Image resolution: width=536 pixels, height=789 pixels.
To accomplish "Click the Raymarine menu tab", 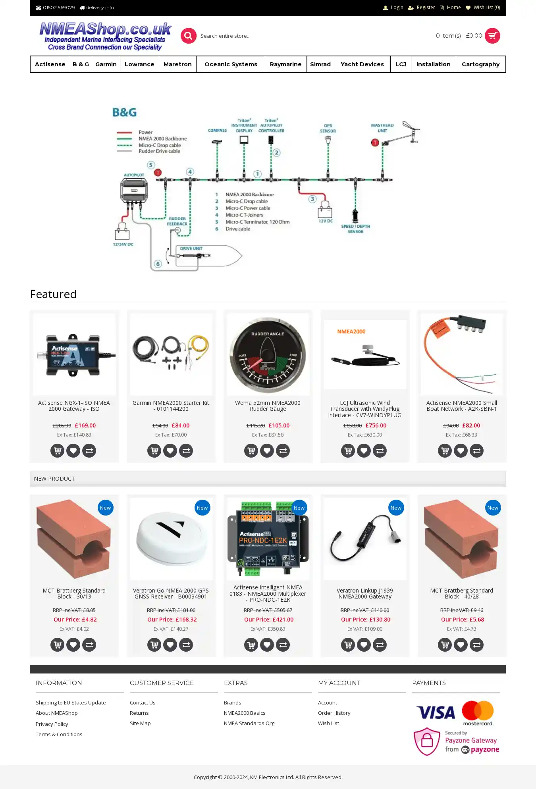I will point(285,64).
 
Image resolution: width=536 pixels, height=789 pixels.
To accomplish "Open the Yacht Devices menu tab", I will point(362,64).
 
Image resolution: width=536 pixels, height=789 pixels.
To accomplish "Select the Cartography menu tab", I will point(480,64).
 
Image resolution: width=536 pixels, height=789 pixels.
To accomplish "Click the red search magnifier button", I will point(189,36).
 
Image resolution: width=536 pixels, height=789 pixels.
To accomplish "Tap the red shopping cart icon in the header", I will point(492,36).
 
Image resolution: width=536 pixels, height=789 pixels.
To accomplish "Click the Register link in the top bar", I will point(426,8).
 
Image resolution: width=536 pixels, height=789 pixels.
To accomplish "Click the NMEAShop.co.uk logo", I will point(105,36).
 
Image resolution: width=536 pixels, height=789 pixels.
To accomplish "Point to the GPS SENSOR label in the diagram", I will point(328,128).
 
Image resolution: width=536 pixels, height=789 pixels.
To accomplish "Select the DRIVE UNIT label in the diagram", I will point(191,248).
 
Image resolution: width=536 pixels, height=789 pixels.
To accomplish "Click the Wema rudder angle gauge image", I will point(268,354).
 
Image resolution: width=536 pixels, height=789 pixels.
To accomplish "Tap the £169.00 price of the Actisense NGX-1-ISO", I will point(85,425).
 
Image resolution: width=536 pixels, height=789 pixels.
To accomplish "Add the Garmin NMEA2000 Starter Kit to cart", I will point(154,450).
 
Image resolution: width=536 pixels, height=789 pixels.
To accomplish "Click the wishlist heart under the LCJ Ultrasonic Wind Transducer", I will point(364,450).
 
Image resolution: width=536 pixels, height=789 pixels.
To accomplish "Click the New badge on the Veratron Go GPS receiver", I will point(202,508).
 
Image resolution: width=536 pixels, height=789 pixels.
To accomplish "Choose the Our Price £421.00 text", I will point(268,620).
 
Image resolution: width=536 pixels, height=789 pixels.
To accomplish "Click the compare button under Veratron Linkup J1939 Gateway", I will point(380,645).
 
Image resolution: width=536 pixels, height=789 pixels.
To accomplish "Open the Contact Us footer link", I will point(143,702).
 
